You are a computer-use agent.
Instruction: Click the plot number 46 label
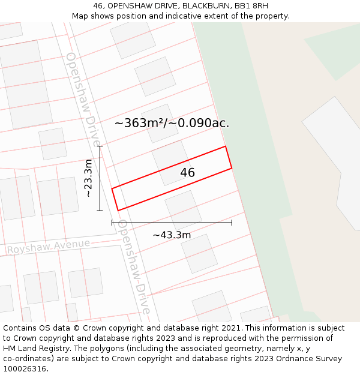point(187,173)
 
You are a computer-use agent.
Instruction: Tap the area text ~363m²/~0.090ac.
point(172,123)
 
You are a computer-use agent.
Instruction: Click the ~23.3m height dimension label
point(88,178)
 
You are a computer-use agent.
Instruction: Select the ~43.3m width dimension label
point(172,235)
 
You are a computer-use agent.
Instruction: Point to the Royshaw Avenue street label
point(49,246)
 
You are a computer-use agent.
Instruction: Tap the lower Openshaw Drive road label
point(134,266)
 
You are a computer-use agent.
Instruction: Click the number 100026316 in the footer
point(23,369)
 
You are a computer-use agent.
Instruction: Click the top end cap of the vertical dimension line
point(100,146)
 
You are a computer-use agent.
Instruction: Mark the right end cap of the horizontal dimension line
point(232,223)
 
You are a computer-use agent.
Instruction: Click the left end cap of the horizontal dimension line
point(112,223)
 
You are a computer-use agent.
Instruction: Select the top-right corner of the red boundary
point(225,146)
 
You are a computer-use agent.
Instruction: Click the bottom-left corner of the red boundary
point(118,210)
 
